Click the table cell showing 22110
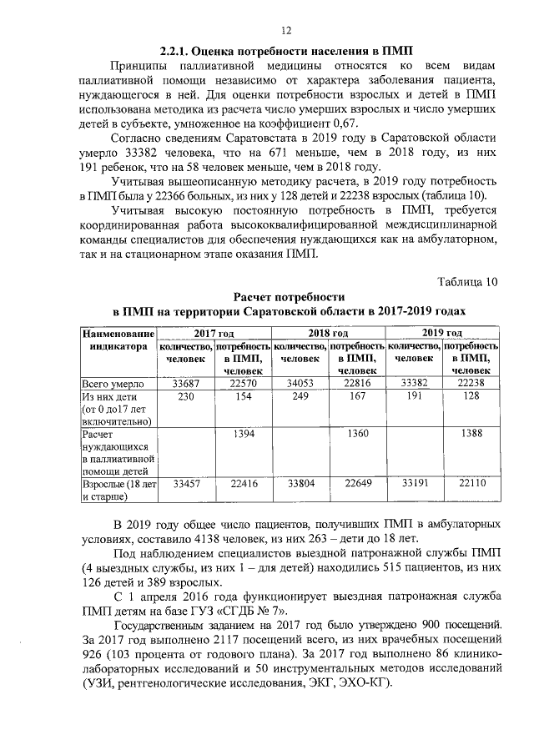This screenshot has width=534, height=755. click(x=471, y=483)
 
